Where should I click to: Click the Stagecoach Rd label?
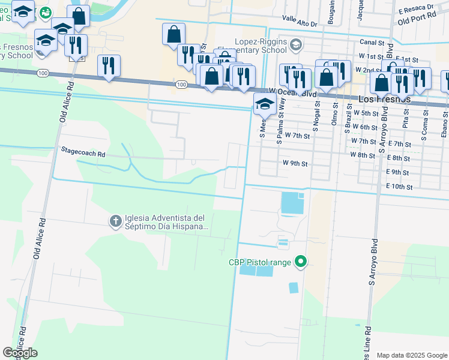coord(83,154)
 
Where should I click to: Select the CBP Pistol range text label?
coord(259,262)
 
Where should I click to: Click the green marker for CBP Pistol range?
coord(301,262)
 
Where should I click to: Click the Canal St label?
coord(372,43)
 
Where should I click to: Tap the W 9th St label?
coord(295,163)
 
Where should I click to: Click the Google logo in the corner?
coord(20,353)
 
